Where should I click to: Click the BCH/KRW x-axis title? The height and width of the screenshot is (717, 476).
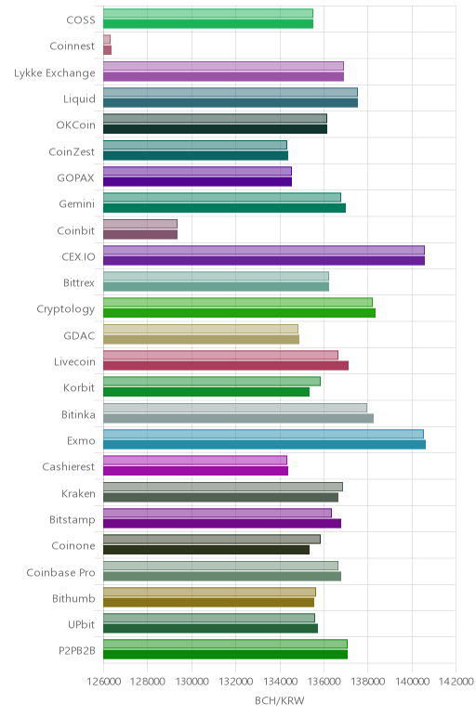point(279,700)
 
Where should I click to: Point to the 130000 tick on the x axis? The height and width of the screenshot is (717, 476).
point(192,682)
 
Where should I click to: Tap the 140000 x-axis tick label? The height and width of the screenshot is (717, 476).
point(412,682)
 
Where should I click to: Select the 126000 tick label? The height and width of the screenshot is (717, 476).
point(103,682)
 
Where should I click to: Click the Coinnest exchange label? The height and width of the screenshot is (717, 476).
point(73,46)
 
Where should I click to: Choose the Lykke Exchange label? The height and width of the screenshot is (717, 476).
point(55,73)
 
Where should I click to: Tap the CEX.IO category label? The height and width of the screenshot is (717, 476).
point(78,256)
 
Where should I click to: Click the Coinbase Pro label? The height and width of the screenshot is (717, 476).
point(60,572)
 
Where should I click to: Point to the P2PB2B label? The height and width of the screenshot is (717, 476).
point(77,651)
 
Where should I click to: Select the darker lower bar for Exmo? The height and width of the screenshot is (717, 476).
point(265,445)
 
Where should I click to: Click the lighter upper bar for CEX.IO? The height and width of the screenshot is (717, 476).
point(264,250)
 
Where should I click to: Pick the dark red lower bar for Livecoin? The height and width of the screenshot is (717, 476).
point(226,365)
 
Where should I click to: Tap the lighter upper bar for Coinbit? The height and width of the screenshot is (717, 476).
point(140,224)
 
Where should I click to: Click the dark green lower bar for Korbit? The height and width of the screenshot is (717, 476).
point(206,392)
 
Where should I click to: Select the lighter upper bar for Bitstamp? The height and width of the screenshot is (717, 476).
point(218,513)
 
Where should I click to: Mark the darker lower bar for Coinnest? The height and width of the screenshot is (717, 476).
point(108,50)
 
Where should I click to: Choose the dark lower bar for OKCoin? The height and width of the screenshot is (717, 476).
point(215,129)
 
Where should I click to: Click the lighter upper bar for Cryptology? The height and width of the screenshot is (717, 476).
point(238,302)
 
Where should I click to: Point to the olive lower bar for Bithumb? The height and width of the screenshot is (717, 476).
point(208,602)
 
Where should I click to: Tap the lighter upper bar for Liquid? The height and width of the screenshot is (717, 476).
point(231,92)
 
